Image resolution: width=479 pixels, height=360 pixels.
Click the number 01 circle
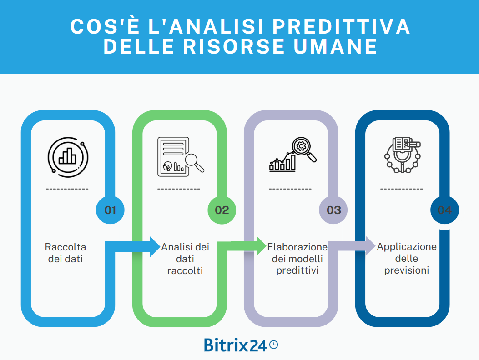[111, 210]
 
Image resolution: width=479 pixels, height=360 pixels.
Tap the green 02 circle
[222, 210]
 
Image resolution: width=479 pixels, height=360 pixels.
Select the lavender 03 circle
[333, 210]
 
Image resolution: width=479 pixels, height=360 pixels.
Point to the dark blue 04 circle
[444, 210]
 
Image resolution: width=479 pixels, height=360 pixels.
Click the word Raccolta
[66, 247]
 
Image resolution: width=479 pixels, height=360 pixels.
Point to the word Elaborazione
[297, 247]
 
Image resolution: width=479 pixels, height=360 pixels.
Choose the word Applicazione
[407, 247]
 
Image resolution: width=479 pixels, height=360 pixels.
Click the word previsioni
[407, 270]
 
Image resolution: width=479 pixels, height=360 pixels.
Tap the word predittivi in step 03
[297, 271]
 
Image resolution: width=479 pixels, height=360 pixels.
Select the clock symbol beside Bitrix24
[273, 345]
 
